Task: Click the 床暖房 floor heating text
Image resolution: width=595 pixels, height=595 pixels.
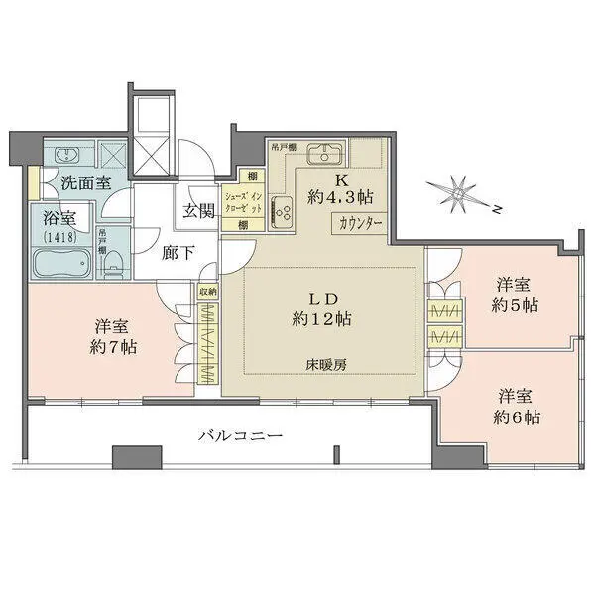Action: [325, 365]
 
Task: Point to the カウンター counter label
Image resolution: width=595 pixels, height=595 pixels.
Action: [360, 223]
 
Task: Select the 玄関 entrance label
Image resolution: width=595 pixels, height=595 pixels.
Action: [195, 210]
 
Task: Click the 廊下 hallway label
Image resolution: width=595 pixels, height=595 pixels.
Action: [178, 251]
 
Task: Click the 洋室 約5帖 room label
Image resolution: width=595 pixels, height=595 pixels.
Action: [518, 295]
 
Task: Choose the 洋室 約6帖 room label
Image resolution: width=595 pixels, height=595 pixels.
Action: [519, 406]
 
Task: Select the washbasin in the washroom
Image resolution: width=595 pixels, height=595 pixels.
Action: [67, 155]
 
